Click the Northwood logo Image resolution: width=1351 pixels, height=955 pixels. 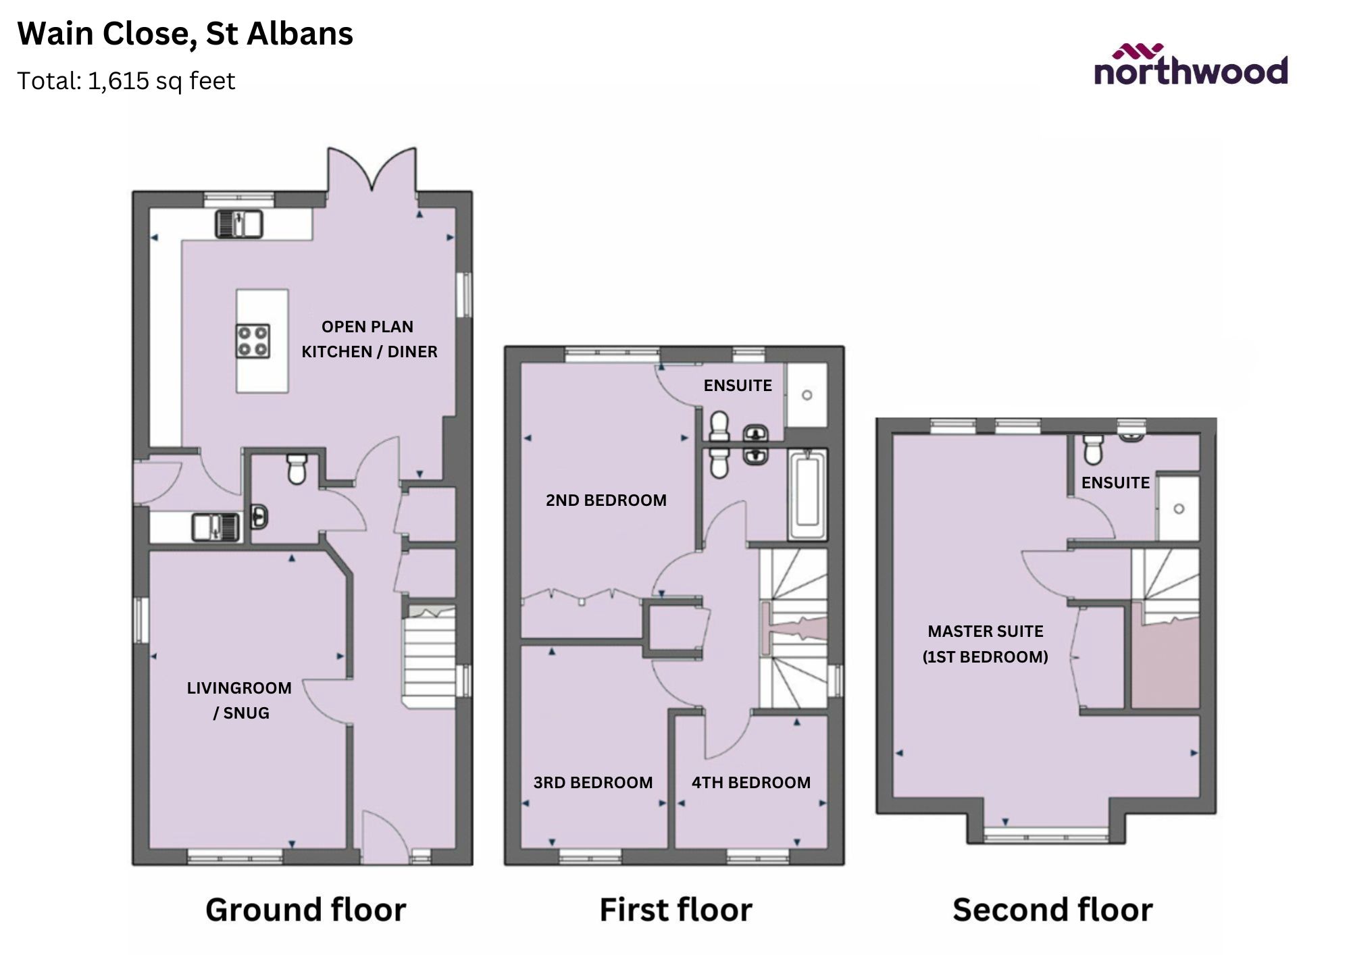[1190, 66]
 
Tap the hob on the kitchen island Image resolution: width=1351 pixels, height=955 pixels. [253, 341]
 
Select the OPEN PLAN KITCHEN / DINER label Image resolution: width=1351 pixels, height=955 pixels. [369, 339]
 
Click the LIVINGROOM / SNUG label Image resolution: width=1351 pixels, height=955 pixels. [240, 700]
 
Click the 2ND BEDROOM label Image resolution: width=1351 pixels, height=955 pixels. [606, 500]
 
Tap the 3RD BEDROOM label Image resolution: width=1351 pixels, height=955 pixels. [592, 782]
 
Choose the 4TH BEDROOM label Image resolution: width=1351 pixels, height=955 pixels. [750, 782]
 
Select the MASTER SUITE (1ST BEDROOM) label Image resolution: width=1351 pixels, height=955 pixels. [985, 644]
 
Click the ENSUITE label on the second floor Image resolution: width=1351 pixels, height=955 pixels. [1115, 482]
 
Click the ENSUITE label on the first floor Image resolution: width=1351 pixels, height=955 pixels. [738, 385]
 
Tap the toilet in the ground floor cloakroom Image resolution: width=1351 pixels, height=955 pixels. [297, 468]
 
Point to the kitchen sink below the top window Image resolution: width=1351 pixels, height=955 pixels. [239, 224]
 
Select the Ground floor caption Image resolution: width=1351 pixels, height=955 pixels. [305, 910]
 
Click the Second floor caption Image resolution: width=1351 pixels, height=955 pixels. [1052, 910]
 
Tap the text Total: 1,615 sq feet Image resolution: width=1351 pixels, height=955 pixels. [126, 81]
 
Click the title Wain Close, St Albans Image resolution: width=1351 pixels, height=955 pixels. [185, 34]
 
